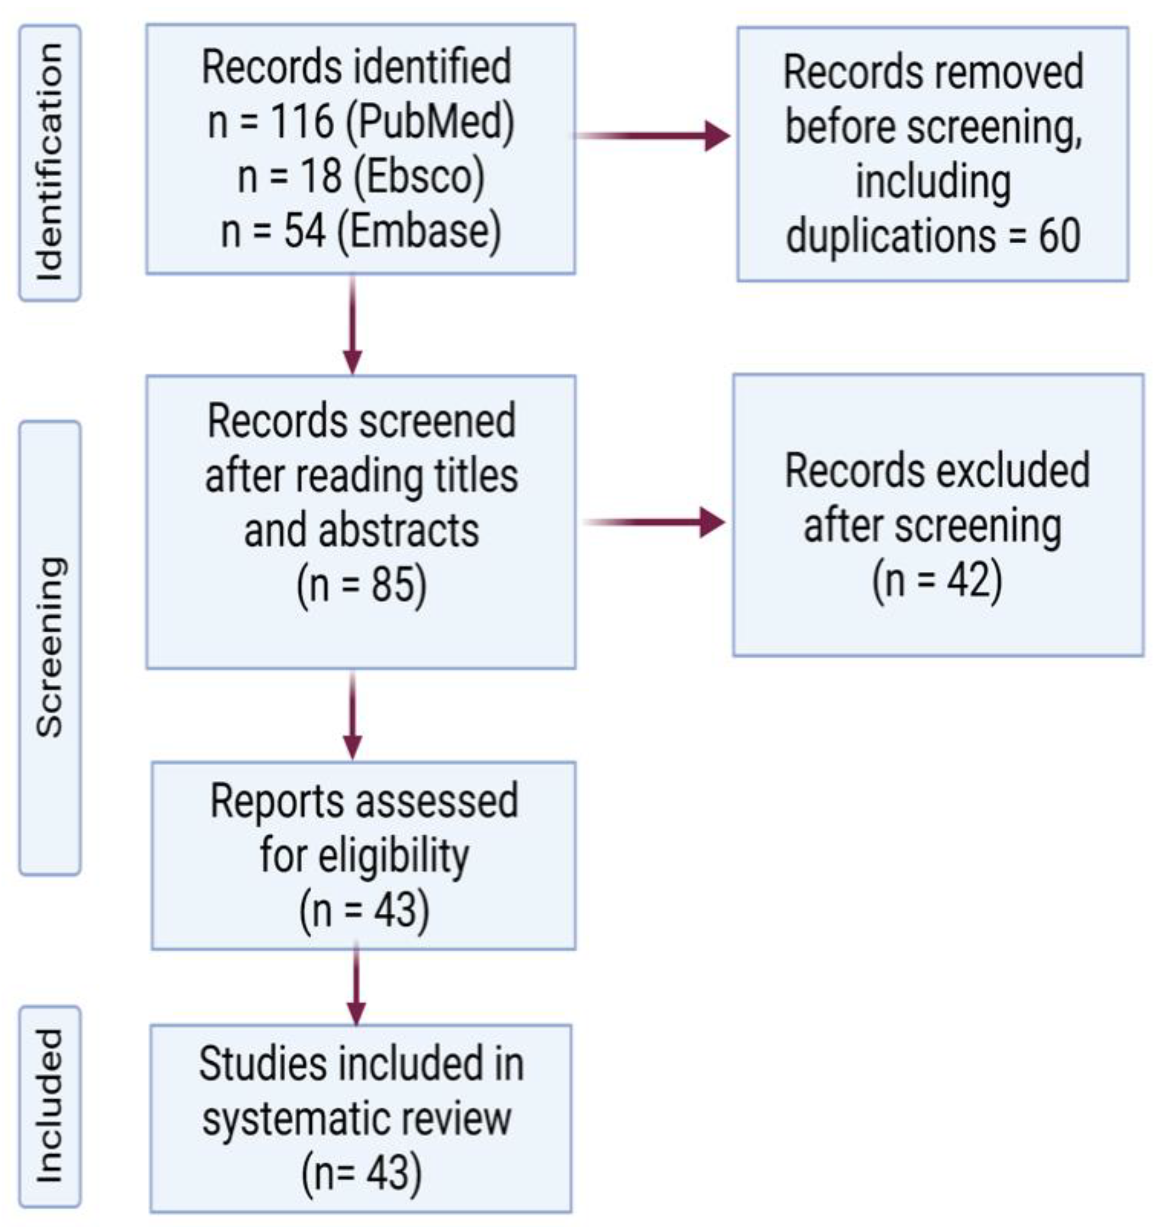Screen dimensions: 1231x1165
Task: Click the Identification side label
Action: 50,163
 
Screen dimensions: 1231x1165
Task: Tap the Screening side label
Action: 50,647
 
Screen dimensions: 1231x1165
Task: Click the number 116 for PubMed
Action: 302,121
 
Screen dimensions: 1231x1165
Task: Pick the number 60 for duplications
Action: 1060,236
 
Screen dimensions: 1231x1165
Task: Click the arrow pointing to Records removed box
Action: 652,135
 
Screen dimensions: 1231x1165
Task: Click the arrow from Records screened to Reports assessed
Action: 353,715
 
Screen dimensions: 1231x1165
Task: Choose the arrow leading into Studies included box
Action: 356,987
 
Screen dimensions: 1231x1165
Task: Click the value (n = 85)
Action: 362,585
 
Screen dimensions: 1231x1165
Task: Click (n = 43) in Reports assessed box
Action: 364,910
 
